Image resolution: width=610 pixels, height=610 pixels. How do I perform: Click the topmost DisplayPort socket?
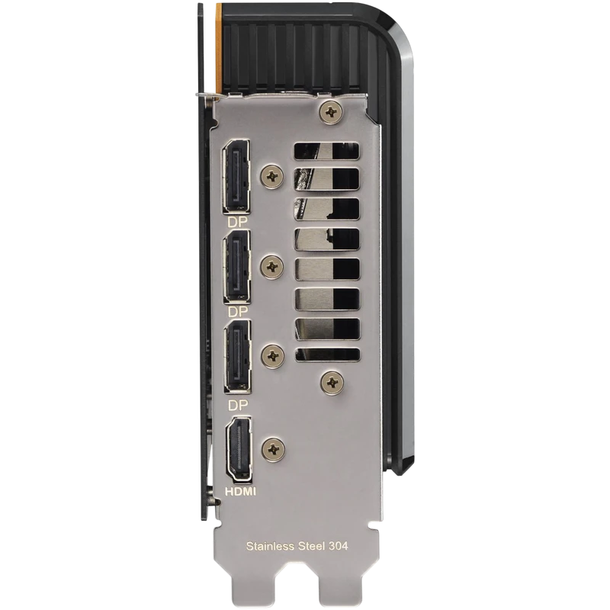coord(236,177)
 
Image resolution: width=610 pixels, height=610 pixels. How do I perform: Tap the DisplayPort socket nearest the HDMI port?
coord(238,357)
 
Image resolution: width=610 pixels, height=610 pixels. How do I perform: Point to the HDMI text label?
coord(240,492)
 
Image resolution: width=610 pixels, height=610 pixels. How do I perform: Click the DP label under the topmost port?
coord(237,222)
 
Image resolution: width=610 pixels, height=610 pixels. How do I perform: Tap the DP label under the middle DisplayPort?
coord(238,312)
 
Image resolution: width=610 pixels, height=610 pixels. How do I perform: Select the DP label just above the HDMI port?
coord(238,406)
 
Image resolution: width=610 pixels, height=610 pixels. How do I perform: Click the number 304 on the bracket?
coord(338,546)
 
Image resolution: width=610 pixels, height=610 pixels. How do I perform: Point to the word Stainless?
coord(270,546)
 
